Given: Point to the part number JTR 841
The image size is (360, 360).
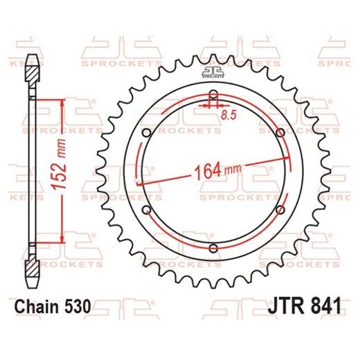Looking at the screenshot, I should pos(302,305).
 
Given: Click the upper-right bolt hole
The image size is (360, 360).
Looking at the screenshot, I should pos(279,132).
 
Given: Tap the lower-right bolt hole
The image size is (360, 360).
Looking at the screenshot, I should pos(279,210).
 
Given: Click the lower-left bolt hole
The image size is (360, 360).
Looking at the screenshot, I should pos(146,210).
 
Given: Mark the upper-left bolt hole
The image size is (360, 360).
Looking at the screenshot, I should pos(146,132).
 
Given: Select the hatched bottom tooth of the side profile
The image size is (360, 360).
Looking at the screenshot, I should pos(33,258).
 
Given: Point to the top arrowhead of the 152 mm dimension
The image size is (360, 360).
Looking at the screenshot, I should pos(63,102).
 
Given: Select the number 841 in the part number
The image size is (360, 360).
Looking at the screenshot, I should pos(322,305).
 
